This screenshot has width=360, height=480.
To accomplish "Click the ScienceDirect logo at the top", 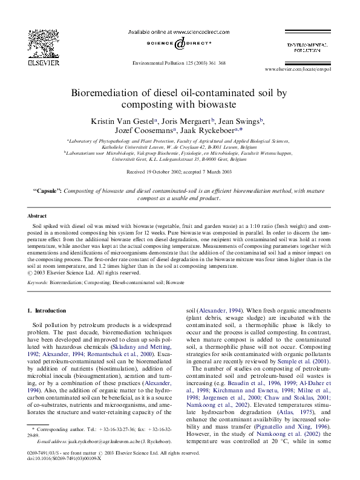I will click(x=180, y=44).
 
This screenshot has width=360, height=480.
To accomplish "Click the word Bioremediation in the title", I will click(x=108, y=93).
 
